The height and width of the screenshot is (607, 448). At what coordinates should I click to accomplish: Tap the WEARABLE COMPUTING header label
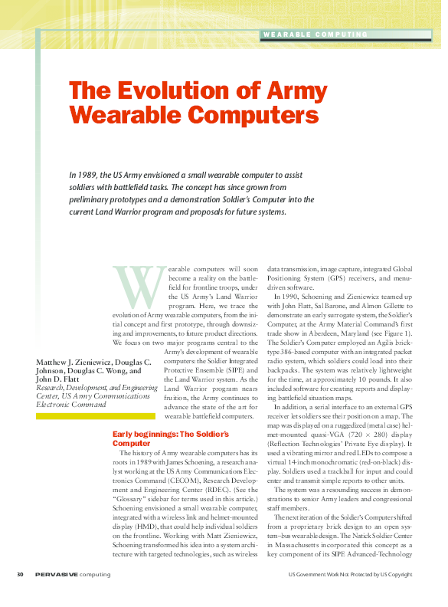[315, 34]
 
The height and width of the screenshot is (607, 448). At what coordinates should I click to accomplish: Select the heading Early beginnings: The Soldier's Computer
[170, 438]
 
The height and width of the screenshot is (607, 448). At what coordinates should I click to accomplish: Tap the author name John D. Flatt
[60, 379]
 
